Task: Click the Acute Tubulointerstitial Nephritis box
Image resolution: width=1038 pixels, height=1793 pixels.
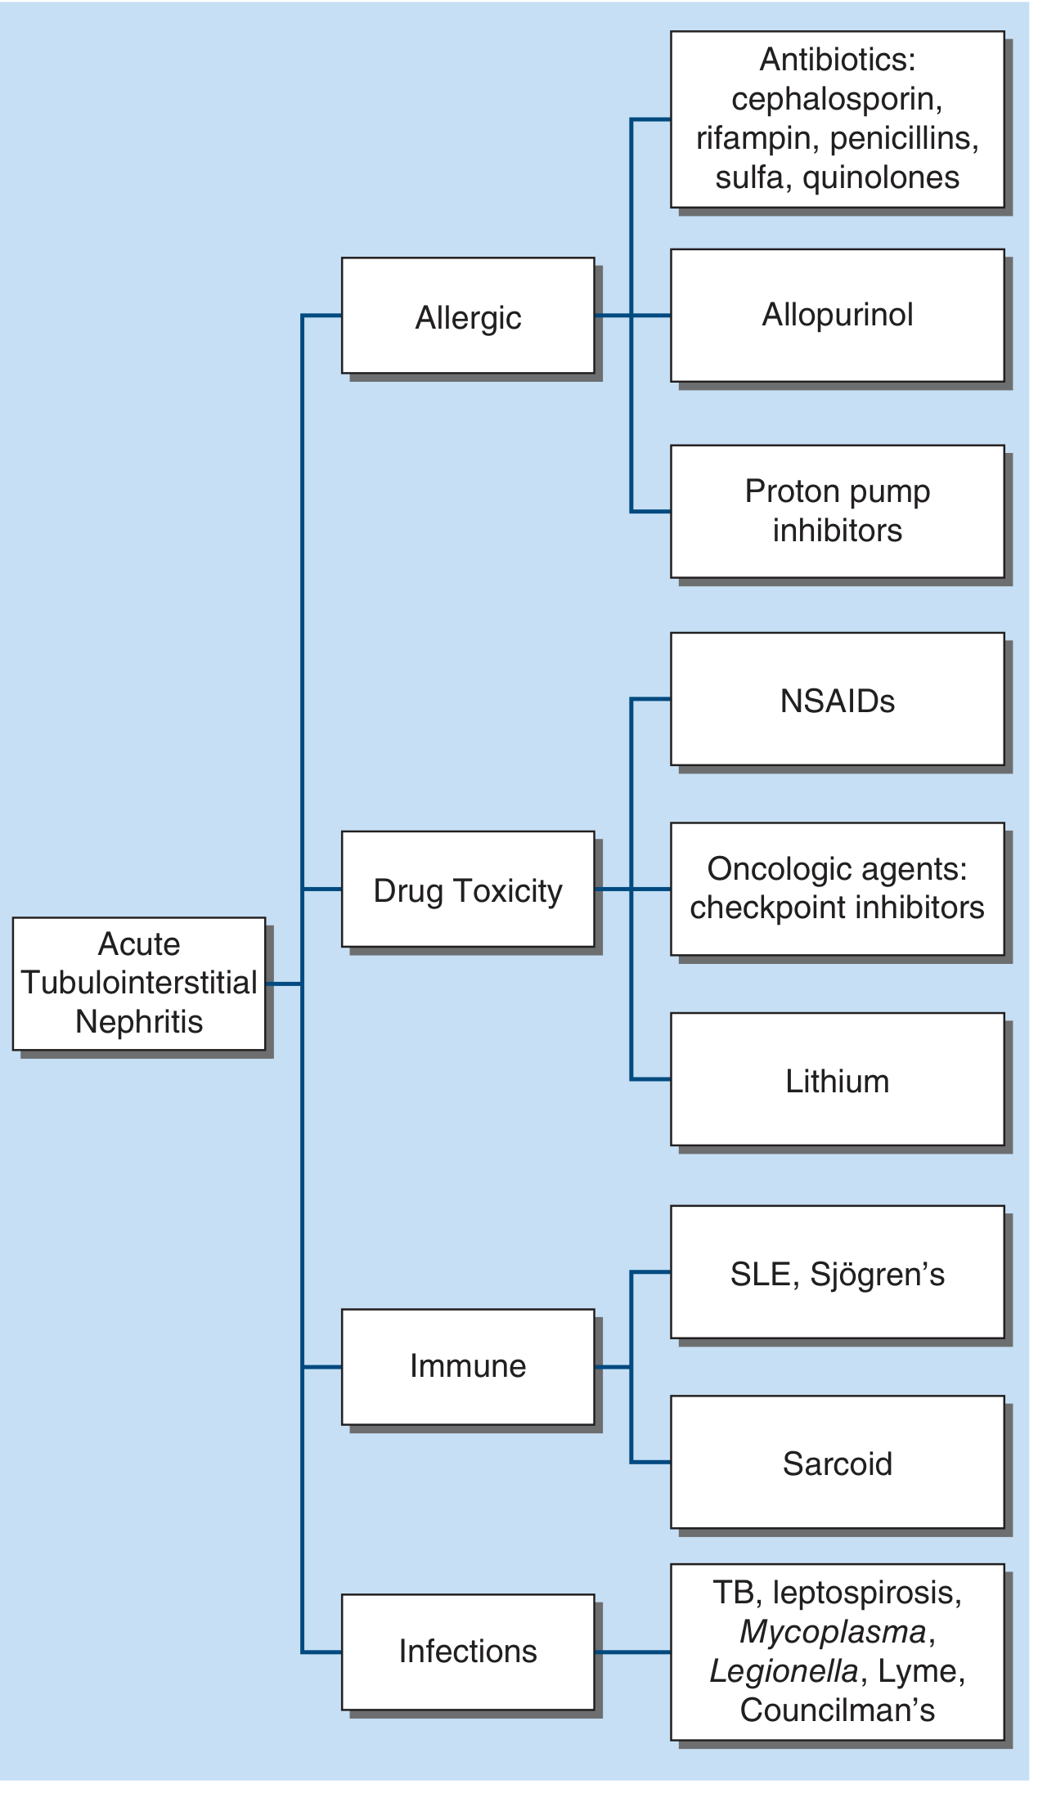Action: click(139, 983)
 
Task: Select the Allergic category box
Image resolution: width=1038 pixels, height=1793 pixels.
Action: click(468, 316)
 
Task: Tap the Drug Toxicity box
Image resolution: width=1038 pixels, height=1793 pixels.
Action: click(468, 890)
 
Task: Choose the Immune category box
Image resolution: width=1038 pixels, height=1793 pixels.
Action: click(468, 1366)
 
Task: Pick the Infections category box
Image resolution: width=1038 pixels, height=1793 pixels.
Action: click(468, 1652)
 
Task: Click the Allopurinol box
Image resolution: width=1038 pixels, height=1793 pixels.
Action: click(837, 316)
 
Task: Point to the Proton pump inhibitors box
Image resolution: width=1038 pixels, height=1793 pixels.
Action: click(837, 511)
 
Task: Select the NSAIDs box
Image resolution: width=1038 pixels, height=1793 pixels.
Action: click(837, 700)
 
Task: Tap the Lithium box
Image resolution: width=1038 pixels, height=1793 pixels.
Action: click(837, 1080)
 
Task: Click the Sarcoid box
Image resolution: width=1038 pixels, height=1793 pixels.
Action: click(837, 1463)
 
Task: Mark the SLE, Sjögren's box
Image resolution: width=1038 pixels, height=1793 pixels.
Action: click(837, 1273)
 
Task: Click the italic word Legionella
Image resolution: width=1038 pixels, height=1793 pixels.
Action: click(784, 1671)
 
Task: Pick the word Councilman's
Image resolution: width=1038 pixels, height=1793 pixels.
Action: click(837, 1710)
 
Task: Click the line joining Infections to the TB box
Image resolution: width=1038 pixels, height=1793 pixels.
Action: click(632, 1652)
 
